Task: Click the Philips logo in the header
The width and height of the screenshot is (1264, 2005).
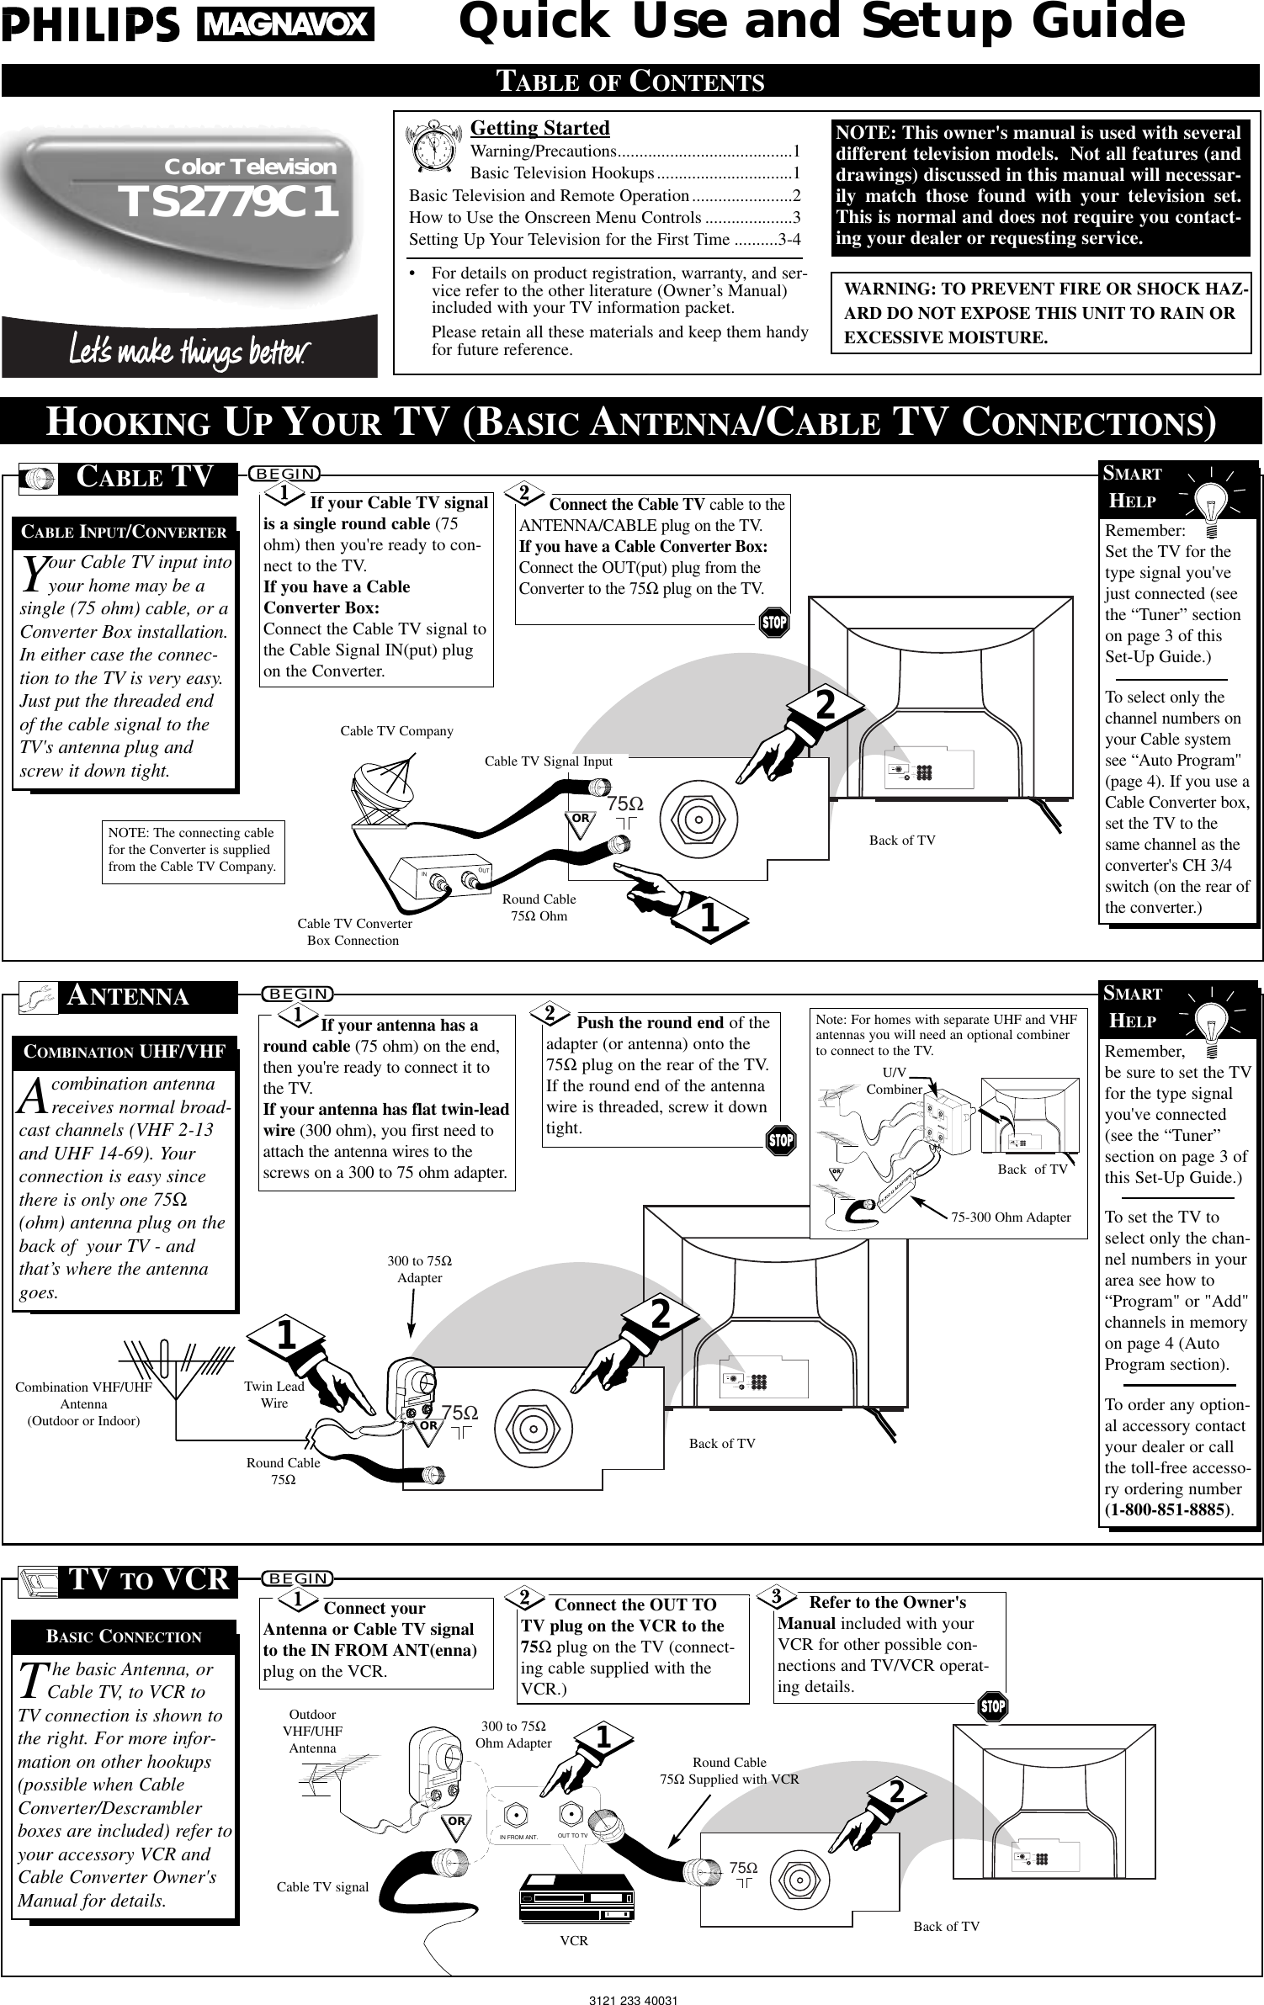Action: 91,26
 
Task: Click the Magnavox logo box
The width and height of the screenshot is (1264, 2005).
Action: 286,25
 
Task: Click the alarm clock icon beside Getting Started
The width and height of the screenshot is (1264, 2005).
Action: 434,147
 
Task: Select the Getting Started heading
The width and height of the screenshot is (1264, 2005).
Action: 539,128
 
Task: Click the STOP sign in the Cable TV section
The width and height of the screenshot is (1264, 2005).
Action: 773,623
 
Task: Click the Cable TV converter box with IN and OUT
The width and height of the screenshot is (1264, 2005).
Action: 452,876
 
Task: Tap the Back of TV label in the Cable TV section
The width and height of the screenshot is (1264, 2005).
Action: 901,840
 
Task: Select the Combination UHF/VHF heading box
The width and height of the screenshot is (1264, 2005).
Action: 124,1052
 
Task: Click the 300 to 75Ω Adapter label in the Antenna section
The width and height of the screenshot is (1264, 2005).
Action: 419,1269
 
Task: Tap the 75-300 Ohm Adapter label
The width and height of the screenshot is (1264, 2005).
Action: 1011,1217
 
